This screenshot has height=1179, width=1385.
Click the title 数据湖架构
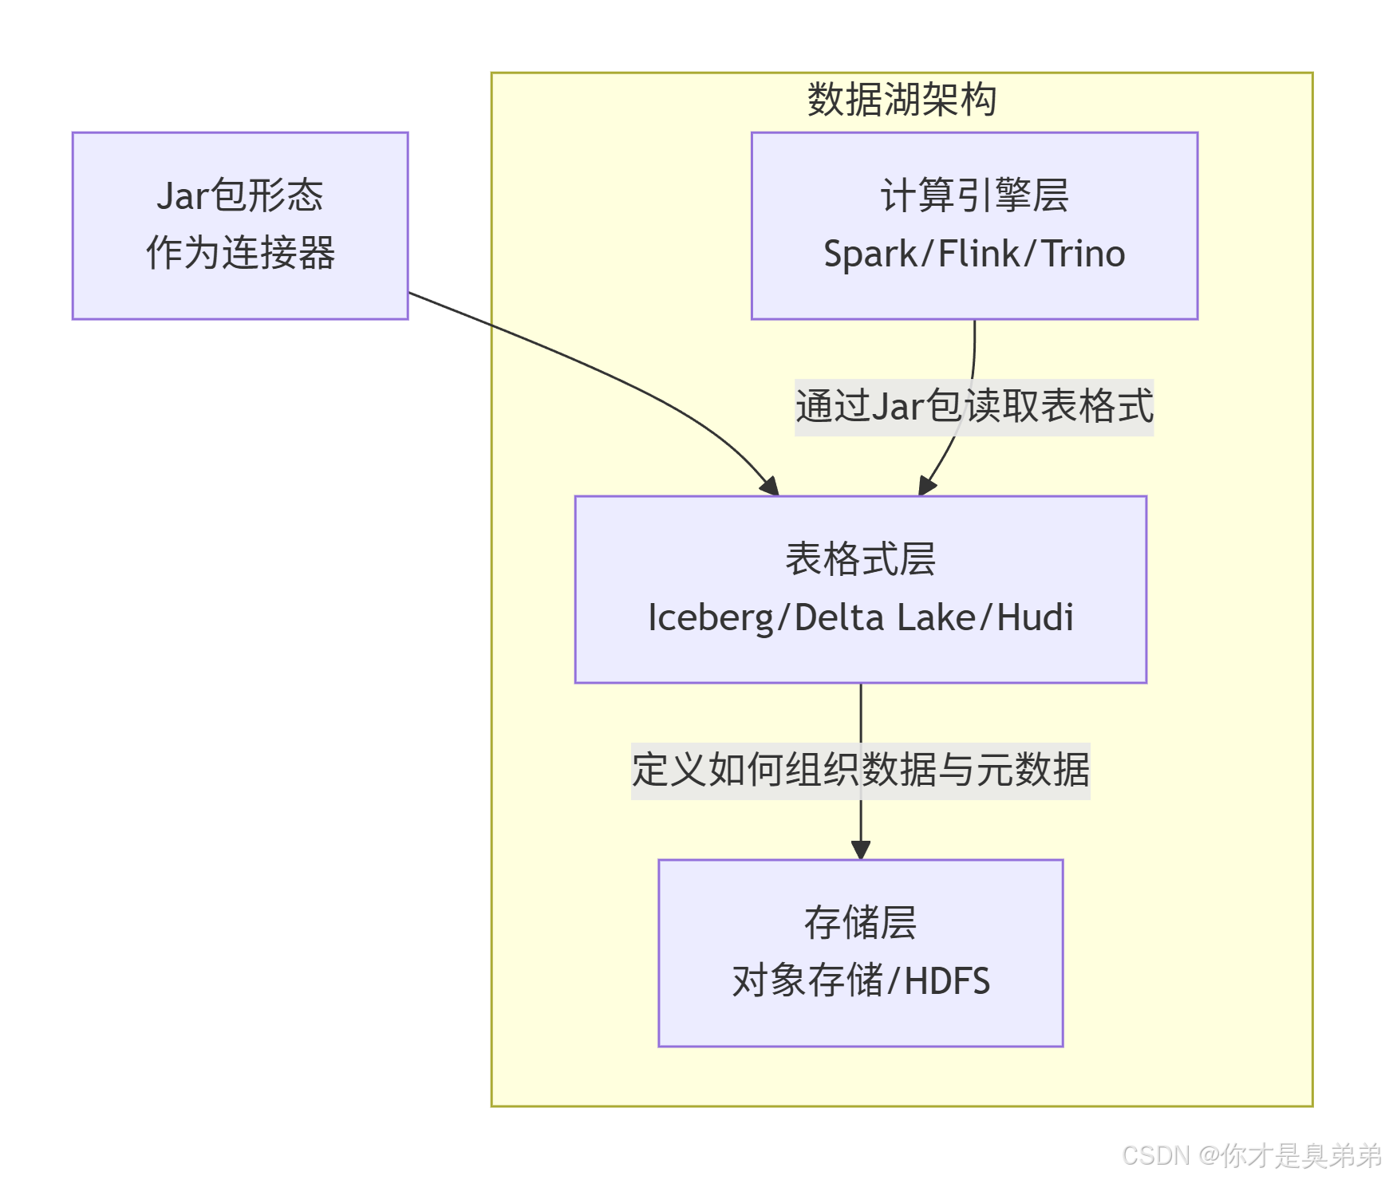click(902, 100)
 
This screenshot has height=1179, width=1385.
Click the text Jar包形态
click(239, 195)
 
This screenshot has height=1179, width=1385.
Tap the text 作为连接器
click(239, 253)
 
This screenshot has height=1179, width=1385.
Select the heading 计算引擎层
click(974, 195)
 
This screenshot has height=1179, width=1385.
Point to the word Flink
click(978, 254)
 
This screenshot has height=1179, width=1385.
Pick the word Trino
click(1083, 254)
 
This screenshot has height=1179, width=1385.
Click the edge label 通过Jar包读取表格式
click(974, 406)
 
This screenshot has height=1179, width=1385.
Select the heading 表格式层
click(860, 558)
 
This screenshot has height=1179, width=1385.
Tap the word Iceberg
click(710, 618)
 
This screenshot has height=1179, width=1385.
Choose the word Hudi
click(1035, 618)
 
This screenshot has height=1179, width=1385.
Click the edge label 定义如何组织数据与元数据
click(860, 770)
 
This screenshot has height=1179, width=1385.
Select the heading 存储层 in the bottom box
click(860, 923)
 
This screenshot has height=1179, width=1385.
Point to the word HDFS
click(947, 981)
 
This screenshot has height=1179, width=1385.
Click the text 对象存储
click(807, 981)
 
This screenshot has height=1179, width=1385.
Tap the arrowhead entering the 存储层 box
click(860, 850)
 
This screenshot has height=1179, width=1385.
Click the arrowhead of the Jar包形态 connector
click(771, 486)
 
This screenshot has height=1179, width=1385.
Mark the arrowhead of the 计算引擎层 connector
click(926, 485)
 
